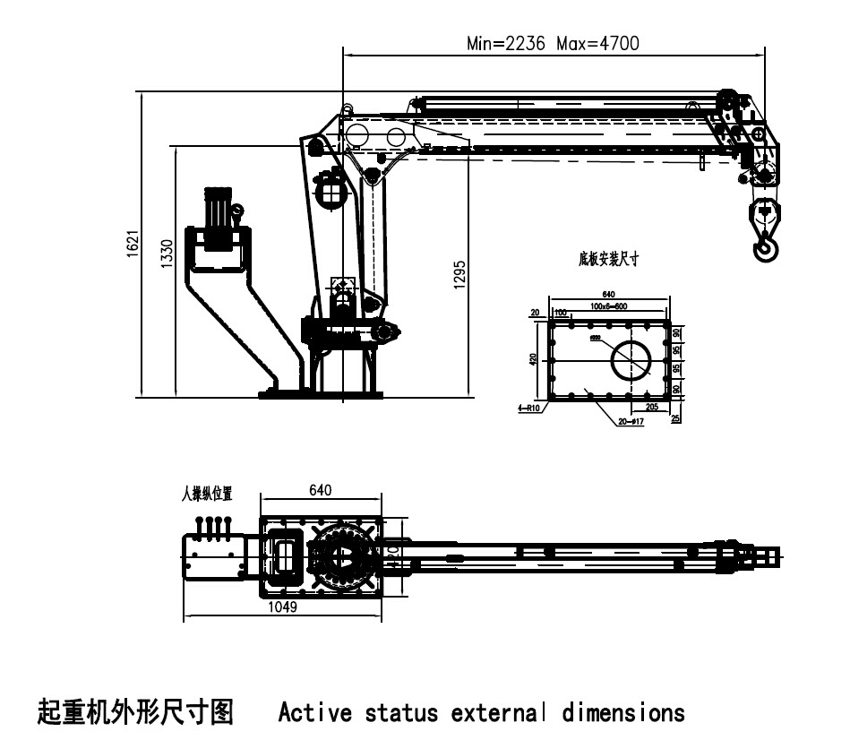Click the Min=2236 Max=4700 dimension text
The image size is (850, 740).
tap(553, 43)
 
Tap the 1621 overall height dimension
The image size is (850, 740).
tap(132, 243)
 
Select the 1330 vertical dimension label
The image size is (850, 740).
tap(166, 254)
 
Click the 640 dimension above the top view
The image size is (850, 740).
tap(321, 490)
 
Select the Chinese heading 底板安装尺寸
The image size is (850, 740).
tap(608, 259)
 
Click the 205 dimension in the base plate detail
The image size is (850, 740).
tap(651, 407)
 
